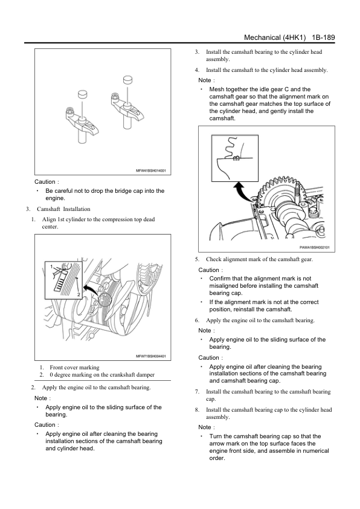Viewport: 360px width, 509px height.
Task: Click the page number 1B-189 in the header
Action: pos(323,37)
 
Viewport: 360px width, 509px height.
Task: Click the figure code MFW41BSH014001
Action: pos(150,170)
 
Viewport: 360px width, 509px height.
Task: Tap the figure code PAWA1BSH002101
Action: pos(314,247)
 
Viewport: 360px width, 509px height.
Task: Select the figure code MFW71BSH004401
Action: pos(150,356)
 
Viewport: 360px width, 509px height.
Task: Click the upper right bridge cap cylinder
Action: pos(128,80)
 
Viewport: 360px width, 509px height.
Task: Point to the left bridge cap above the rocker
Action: pos(83,94)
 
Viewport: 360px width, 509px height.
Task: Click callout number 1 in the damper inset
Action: pos(51,267)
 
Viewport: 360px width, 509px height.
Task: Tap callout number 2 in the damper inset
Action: pos(79,295)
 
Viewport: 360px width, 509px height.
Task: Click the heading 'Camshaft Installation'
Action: pos(63,209)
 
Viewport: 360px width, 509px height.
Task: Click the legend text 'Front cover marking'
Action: pos(74,368)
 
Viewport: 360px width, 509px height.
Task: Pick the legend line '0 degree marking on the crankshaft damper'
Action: pos(102,375)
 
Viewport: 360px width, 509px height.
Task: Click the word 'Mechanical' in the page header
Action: pos(262,37)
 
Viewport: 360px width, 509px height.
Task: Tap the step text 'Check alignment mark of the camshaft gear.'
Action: pos(260,259)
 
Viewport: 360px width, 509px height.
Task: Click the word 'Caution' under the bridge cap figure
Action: pos(45,182)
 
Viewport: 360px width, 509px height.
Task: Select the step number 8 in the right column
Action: pos(197,410)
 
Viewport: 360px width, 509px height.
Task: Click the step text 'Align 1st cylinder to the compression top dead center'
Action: pos(98,223)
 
